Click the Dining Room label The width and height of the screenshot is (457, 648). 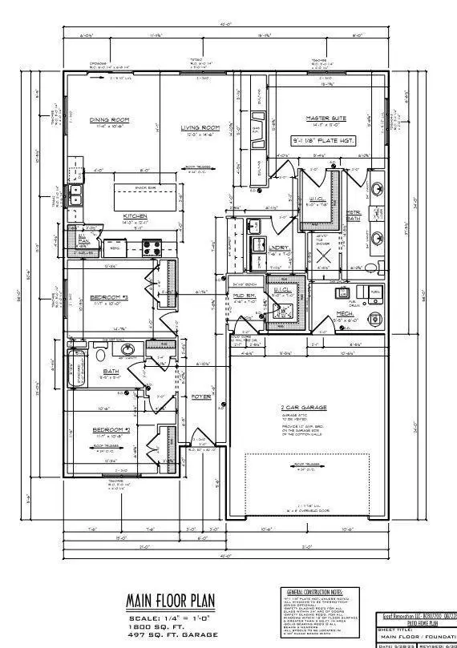point(109,120)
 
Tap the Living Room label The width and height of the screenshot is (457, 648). point(199,128)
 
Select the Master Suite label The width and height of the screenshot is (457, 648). point(325,119)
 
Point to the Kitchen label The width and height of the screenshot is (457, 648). point(135,216)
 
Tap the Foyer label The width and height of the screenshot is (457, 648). point(200,396)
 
